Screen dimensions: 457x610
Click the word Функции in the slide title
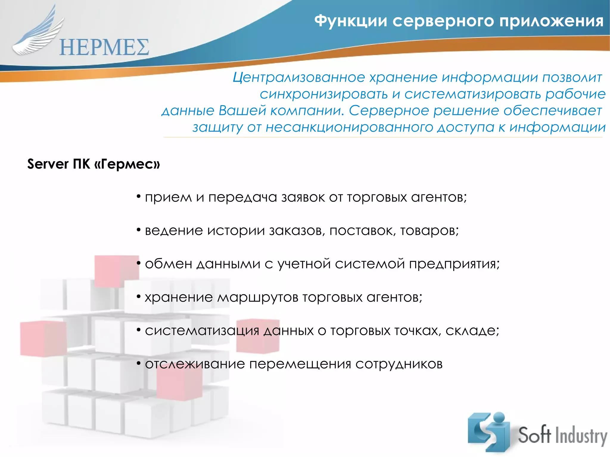351,21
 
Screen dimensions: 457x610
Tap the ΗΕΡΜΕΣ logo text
104,48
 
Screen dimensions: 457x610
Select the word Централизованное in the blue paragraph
299,77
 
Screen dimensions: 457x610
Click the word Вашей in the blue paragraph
242,110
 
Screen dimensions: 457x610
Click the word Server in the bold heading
48,164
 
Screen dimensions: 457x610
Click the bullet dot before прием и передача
139,196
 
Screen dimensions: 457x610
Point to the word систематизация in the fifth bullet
202,331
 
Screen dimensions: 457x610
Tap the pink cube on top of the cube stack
116,271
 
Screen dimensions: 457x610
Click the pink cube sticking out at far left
42,339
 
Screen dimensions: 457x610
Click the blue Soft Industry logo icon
488,432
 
